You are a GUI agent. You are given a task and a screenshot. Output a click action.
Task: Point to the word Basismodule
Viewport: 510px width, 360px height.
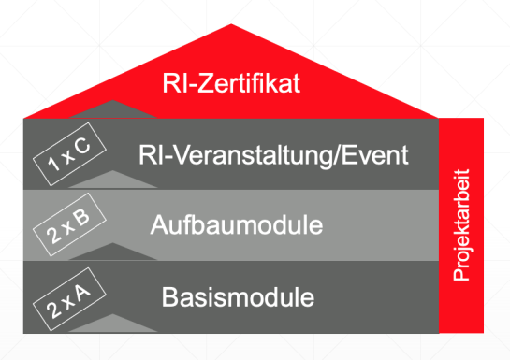(238, 298)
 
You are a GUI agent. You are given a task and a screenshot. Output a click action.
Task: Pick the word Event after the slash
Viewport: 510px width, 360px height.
(378, 154)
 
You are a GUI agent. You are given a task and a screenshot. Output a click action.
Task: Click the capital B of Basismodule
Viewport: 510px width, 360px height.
(169, 298)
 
